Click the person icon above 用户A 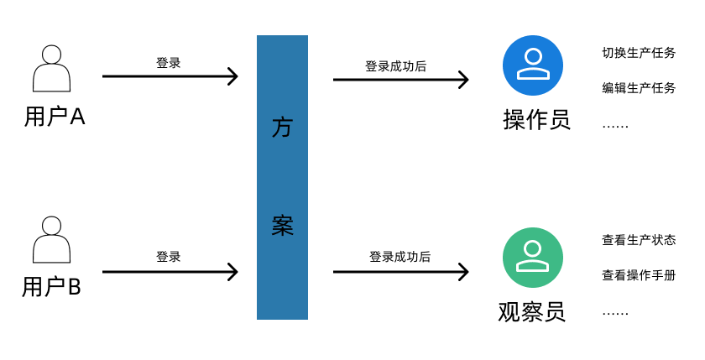(51, 69)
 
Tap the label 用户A (55, 117)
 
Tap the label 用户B (51, 287)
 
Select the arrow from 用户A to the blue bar (170, 76)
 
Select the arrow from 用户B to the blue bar (170, 272)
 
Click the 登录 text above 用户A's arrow (169, 63)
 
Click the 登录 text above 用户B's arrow (169, 257)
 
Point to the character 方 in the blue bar (282, 128)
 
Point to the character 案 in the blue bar (282, 225)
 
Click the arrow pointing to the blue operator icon (400, 80)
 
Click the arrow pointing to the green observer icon (400, 272)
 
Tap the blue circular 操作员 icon (533, 65)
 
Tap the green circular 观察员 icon (533, 258)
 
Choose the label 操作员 (536, 120)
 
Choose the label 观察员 (532, 312)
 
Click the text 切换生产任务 (639, 53)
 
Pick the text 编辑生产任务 (639, 88)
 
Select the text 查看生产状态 (639, 240)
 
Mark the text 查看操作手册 (639, 275)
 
